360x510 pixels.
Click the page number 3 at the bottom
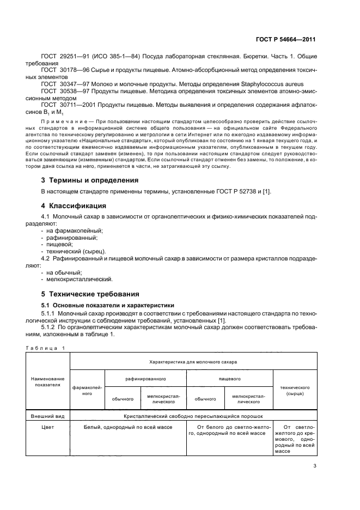pos(314,466)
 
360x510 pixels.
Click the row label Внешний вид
pos(48,416)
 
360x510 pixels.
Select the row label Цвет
pos(48,427)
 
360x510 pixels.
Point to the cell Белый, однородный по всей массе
pos(128,427)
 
